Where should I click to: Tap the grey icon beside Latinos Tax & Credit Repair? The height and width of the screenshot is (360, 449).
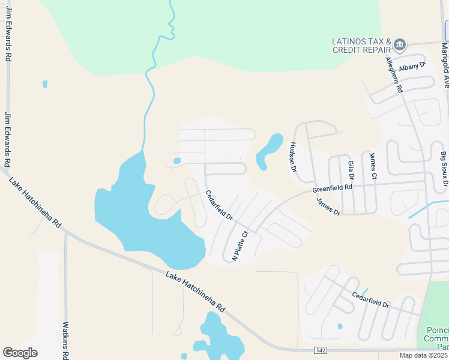400,44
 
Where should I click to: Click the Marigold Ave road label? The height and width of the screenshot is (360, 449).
445,65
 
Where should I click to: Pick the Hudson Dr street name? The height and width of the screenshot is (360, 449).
294,157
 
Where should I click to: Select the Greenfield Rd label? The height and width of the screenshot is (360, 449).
332,189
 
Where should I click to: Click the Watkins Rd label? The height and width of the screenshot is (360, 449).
66,340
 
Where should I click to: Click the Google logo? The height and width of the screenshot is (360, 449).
20,353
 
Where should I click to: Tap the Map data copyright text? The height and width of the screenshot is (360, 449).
424,355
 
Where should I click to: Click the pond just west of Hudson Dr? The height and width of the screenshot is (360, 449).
269,151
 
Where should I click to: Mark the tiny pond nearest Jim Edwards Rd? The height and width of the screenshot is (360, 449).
45,84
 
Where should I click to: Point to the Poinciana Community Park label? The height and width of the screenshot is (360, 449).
436,338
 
